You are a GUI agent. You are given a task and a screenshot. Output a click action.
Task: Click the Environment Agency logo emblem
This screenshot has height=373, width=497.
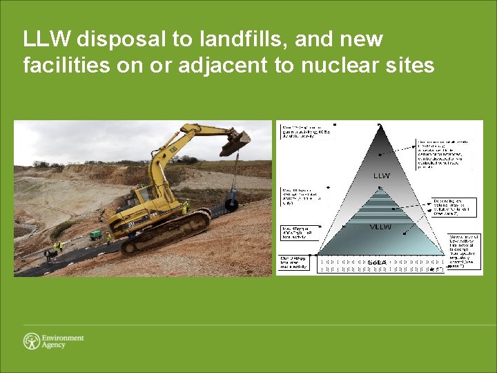[31, 341]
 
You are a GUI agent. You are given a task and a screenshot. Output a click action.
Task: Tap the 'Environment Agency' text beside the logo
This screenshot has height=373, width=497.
[63, 341]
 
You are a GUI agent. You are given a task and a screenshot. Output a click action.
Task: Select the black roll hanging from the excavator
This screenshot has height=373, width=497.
[231, 204]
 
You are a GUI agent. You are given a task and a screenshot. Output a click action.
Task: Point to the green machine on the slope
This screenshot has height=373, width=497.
[98, 234]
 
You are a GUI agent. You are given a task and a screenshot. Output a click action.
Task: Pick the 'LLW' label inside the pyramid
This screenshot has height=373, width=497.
[382, 175]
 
